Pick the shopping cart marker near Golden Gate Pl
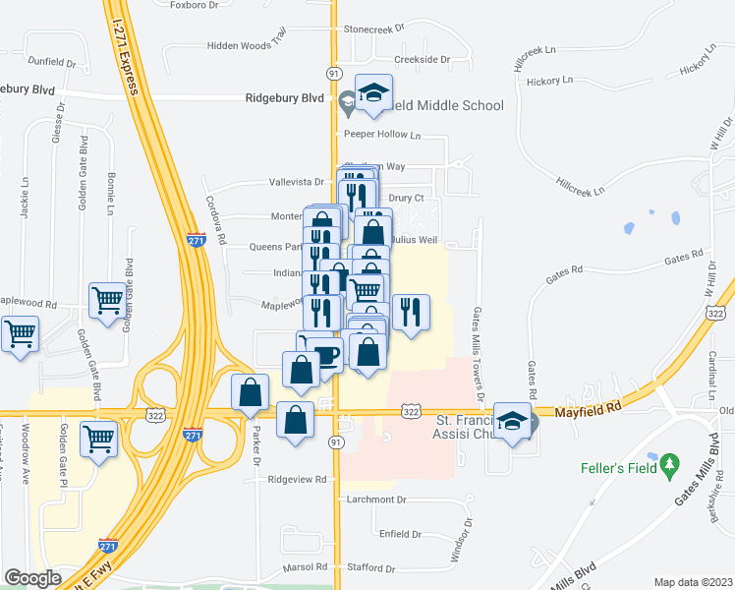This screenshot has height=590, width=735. tap(99, 438)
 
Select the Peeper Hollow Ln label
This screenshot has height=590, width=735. tap(381, 134)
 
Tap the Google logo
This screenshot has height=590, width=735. tap(32, 578)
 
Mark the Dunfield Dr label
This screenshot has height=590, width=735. tap(52, 62)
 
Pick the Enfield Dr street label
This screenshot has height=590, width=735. tap(400, 534)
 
